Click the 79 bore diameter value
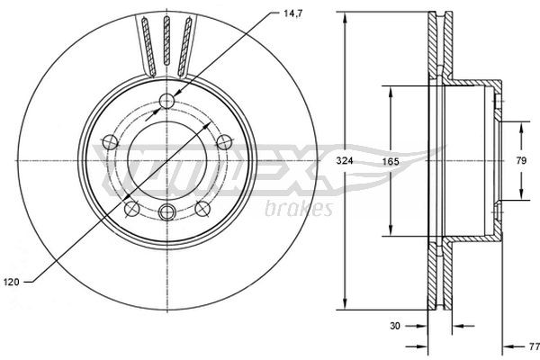pyautogui.click(x=521, y=160)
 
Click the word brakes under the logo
pyautogui.click(x=301, y=209)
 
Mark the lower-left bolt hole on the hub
pyautogui.click(x=131, y=208)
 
